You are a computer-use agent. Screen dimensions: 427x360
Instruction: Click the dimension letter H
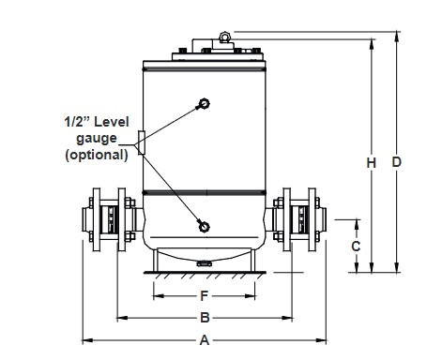click(x=372, y=163)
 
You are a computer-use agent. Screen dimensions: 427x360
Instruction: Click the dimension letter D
click(x=396, y=162)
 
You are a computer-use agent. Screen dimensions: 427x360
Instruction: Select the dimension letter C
click(x=356, y=247)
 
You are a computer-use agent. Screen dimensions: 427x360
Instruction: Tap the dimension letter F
click(x=204, y=295)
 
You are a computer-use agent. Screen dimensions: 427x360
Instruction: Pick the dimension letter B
click(x=205, y=318)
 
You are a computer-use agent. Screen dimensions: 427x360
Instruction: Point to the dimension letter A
click(x=205, y=339)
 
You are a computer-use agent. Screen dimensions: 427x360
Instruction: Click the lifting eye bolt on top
click(x=224, y=37)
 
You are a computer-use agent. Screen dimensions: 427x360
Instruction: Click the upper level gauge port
click(x=205, y=103)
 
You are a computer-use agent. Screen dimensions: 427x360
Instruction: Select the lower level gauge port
click(x=204, y=227)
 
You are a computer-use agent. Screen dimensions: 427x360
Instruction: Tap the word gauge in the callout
click(x=97, y=139)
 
